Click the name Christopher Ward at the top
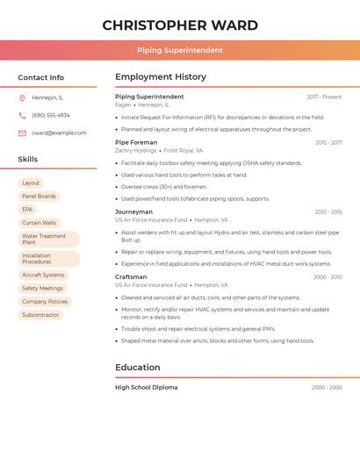(x=180, y=25)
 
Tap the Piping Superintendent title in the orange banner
(x=180, y=50)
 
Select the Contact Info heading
(x=41, y=77)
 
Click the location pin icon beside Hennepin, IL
(x=22, y=97)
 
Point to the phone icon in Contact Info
(x=22, y=115)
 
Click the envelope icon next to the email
(x=22, y=133)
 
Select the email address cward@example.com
(x=59, y=133)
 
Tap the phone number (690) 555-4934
(x=51, y=115)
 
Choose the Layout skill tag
(x=31, y=183)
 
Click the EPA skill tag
(x=27, y=210)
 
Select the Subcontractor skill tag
(x=40, y=315)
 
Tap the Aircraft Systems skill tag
(x=43, y=275)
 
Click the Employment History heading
(x=161, y=77)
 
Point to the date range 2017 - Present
(x=324, y=97)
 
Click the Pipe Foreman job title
(x=136, y=142)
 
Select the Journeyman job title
(x=133, y=211)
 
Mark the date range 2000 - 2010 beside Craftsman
(x=328, y=277)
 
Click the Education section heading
(x=138, y=368)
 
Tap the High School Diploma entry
(x=146, y=387)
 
